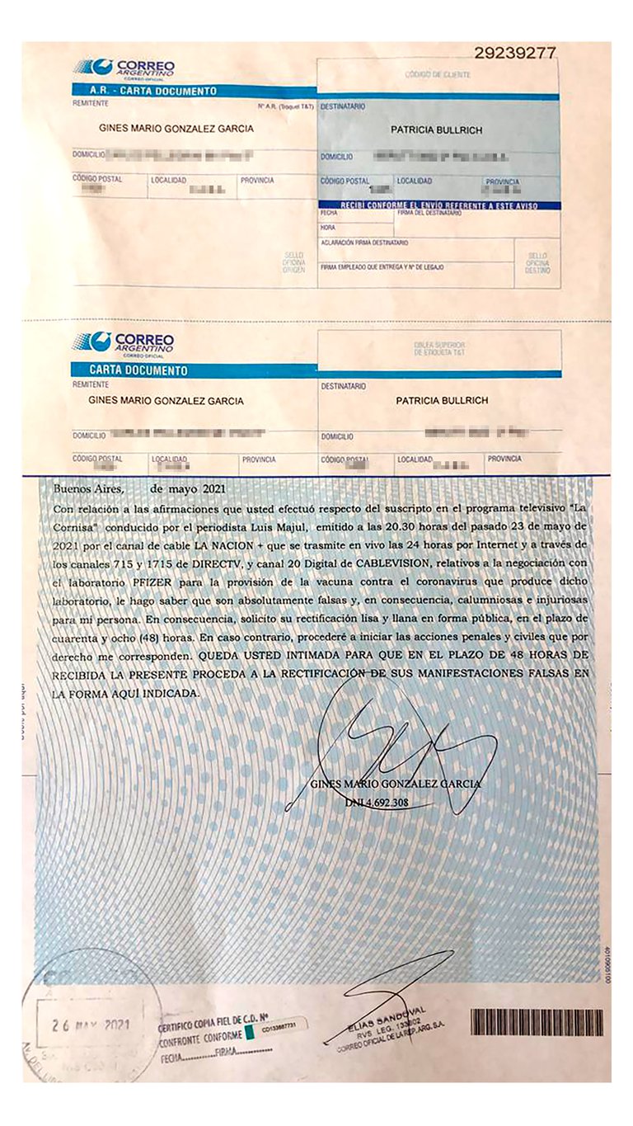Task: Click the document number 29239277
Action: pyautogui.click(x=515, y=53)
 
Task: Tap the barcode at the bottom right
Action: pyautogui.click(x=536, y=1022)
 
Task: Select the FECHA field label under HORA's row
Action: pyautogui.click(x=330, y=213)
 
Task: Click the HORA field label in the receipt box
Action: pyautogui.click(x=328, y=228)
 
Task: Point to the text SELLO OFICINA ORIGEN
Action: pyautogui.click(x=293, y=261)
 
